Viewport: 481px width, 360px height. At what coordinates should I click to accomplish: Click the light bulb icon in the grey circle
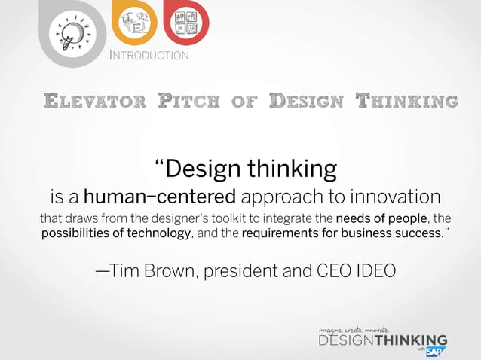(72, 32)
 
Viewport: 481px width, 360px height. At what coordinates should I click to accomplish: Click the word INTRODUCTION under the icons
(149, 55)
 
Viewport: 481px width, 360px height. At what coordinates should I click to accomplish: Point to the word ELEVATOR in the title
(91, 100)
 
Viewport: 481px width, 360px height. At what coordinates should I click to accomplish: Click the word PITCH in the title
(189, 100)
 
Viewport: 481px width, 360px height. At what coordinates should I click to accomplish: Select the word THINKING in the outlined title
(406, 100)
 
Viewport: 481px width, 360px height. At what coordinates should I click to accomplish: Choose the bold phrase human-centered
(160, 197)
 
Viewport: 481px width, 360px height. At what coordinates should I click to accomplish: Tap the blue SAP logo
(436, 351)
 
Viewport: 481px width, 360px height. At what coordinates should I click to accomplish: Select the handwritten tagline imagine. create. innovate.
(354, 329)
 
